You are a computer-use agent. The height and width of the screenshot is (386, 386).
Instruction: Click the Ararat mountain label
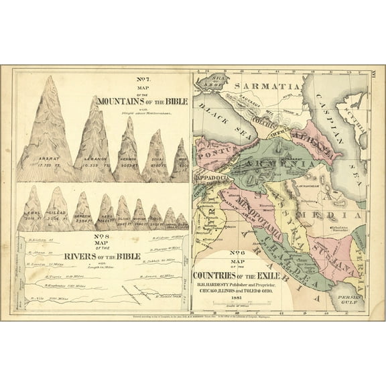46,158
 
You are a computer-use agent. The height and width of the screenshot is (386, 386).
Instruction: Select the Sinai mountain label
156,162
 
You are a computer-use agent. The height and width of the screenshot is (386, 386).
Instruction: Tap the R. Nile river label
51,298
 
